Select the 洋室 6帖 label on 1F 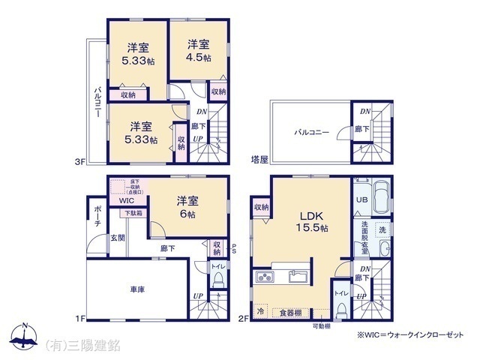coord(188,208)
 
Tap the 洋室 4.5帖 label coord(199,50)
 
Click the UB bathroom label coord(361,200)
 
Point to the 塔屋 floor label coord(259,159)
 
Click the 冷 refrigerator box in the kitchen coord(260,310)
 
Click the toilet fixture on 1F coord(218,281)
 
